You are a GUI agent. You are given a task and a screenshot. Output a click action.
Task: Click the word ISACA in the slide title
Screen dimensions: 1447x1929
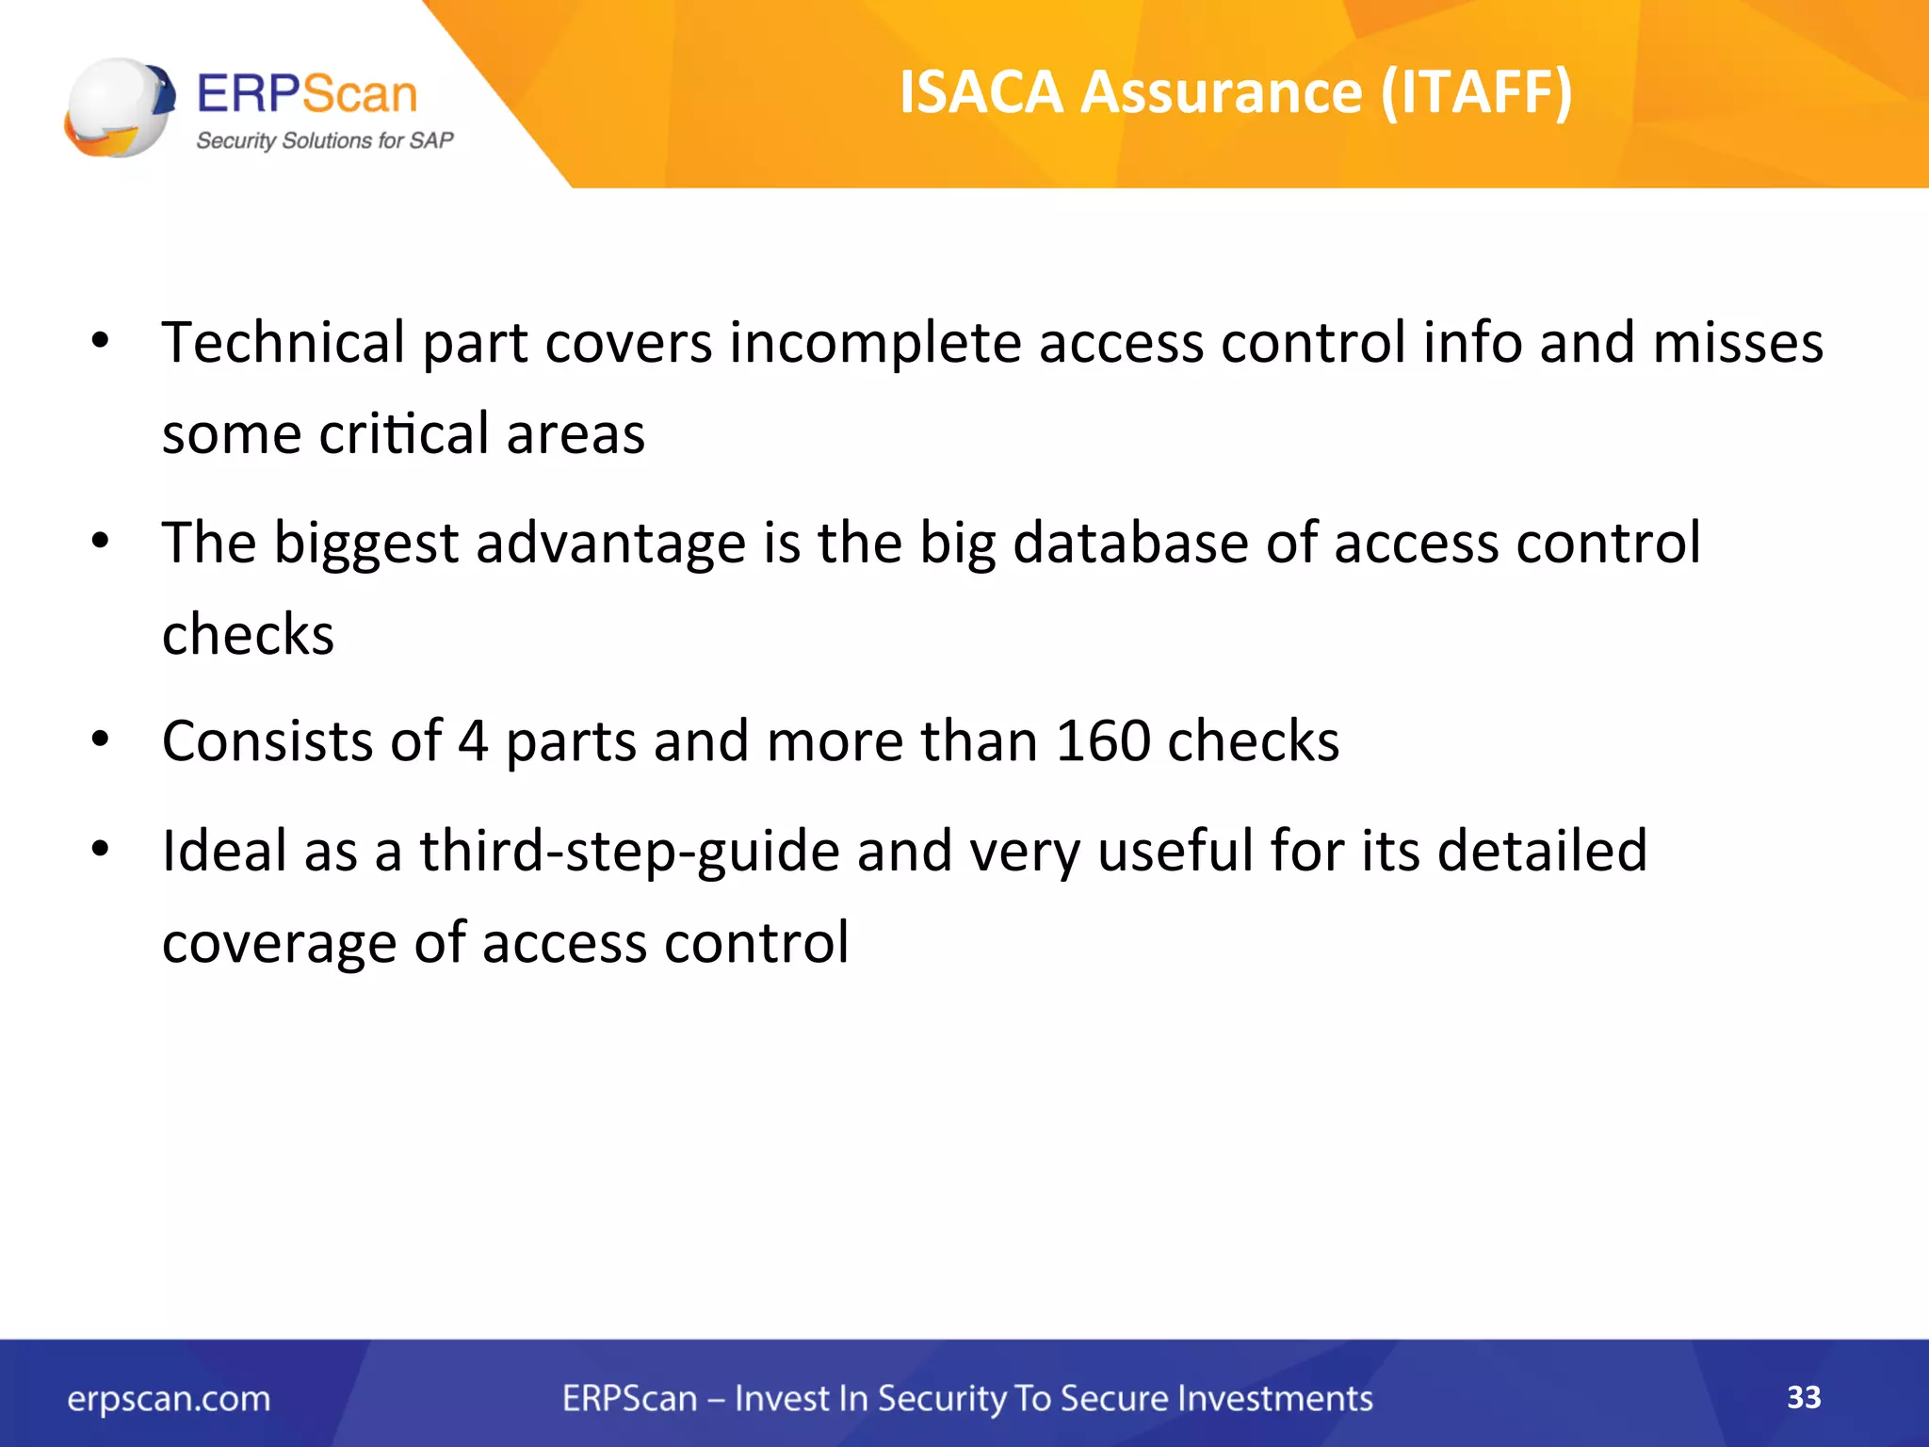[x=981, y=92]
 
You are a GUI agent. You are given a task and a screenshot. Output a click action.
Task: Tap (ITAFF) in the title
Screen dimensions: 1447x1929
[x=1476, y=92]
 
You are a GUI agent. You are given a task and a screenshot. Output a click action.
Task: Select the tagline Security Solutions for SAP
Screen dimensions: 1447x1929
[x=324, y=141]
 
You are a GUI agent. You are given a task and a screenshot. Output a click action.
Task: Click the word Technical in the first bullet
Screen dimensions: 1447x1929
[x=283, y=342]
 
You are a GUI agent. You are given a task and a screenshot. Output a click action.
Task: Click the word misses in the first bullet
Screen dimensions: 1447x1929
[x=1738, y=342]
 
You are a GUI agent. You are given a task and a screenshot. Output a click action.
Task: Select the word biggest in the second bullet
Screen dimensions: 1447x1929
[x=365, y=545]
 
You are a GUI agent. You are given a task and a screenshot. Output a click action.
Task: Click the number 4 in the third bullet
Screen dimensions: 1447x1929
[x=473, y=741]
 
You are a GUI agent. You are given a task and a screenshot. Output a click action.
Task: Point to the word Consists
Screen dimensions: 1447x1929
[x=267, y=741]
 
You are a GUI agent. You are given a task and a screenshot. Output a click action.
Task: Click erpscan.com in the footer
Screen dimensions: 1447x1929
[x=169, y=1399]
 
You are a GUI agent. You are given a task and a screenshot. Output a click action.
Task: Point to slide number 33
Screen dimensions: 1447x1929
[x=1804, y=1397]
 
